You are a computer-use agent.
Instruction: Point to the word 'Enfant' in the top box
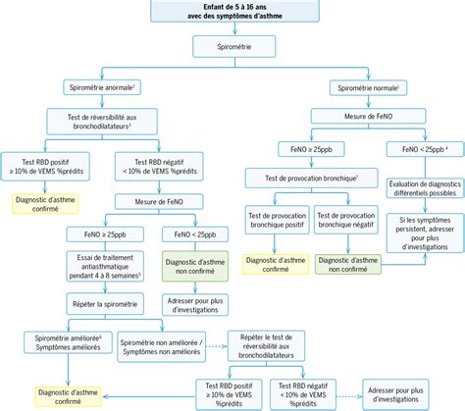point(205,8)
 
